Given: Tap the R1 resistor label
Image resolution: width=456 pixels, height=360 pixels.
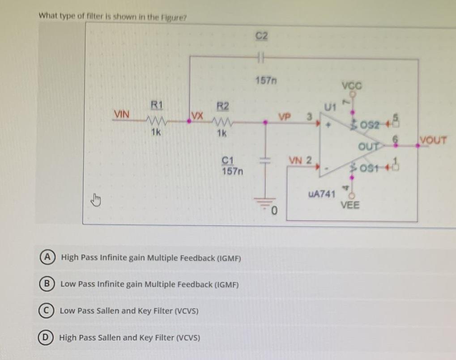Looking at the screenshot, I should click(155, 106).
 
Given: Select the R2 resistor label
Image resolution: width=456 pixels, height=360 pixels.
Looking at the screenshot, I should click(222, 106).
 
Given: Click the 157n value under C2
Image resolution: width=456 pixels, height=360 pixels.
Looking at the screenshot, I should click(265, 80).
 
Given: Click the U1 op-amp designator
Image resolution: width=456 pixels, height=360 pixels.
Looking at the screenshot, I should click(330, 107).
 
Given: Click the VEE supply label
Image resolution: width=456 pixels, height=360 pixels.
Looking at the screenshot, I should click(350, 206).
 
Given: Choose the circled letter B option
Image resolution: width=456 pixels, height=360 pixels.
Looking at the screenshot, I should click(47, 284).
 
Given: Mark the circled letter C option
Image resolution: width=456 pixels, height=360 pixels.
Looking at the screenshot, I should click(47, 310).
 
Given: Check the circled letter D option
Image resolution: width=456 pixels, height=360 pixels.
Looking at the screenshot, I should click(47, 337).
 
